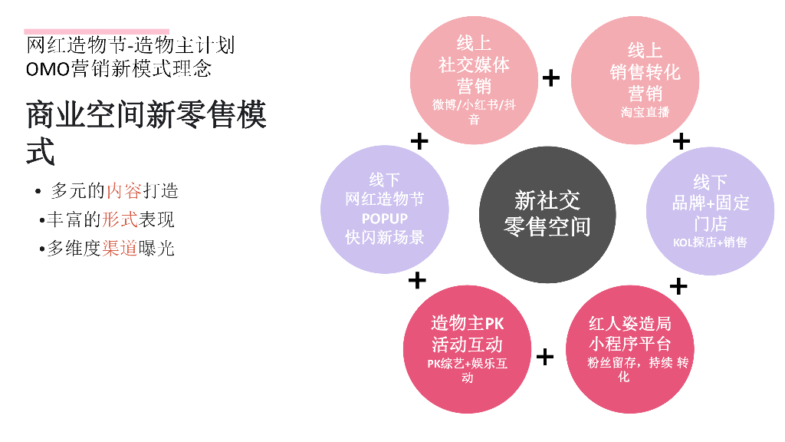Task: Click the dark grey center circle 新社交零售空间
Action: coord(547,213)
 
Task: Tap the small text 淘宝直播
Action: coord(645,112)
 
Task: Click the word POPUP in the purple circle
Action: coord(384,218)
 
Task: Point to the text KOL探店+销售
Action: coord(709,242)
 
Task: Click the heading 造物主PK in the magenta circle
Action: coord(467,322)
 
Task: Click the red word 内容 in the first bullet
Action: coord(124,190)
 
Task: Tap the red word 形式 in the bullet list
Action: coord(120,219)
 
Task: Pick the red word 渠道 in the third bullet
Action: coord(120,249)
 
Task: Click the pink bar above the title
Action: coord(97,32)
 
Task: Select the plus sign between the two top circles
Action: coord(550,78)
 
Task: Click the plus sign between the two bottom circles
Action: coord(544,356)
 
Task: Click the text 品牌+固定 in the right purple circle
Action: coord(710,203)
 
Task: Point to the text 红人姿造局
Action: coord(629,323)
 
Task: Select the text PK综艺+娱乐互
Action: coord(467,364)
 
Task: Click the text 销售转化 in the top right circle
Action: coord(645,73)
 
